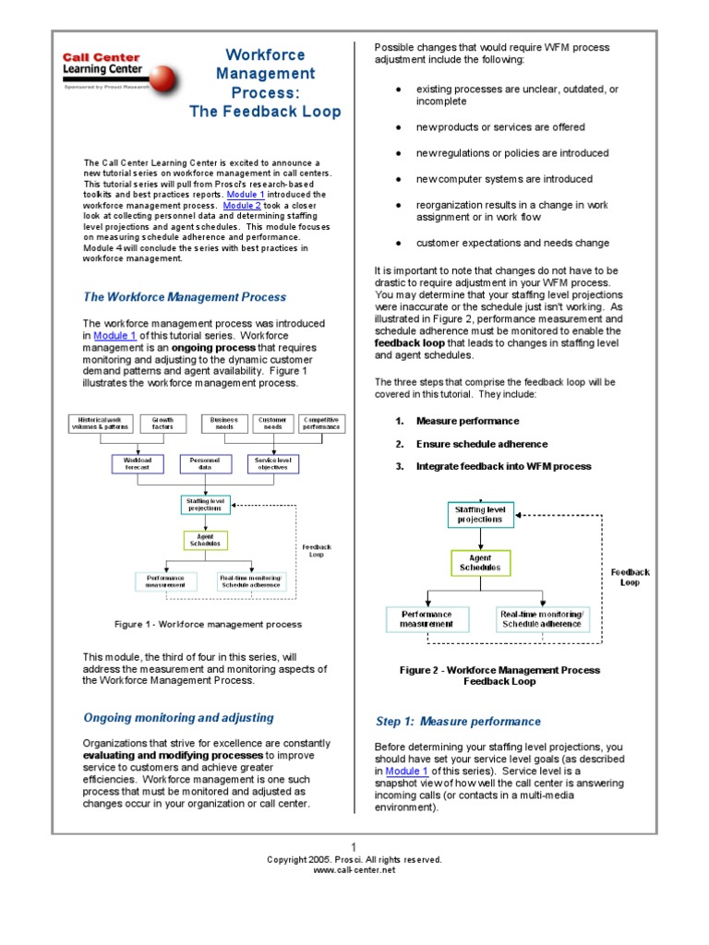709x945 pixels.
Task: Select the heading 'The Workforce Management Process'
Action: pyautogui.click(x=185, y=297)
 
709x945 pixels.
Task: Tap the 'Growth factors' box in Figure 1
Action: pyautogui.click(x=162, y=423)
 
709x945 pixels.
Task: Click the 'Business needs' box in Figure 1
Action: pyautogui.click(x=224, y=423)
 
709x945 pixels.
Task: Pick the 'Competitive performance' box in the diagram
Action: pyautogui.click(x=321, y=423)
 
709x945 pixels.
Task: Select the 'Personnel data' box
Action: pyautogui.click(x=205, y=463)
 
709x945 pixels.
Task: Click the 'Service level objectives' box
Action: pyautogui.click(x=272, y=463)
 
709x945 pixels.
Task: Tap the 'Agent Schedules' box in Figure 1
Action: pyautogui.click(x=205, y=540)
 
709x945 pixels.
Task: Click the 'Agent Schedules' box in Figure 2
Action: pyautogui.click(x=480, y=563)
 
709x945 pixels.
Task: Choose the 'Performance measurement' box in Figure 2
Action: pyautogui.click(x=426, y=618)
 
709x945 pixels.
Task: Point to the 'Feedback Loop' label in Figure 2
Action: pyautogui.click(x=630, y=577)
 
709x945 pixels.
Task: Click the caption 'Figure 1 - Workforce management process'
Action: pyautogui.click(x=208, y=625)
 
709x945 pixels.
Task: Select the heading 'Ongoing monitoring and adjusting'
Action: pyautogui.click(x=178, y=718)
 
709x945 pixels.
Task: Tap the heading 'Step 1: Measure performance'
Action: pyautogui.click(x=458, y=722)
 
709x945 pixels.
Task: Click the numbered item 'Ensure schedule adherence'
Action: pyautogui.click(x=481, y=444)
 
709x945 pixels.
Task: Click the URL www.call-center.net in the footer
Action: pyautogui.click(x=354, y=869)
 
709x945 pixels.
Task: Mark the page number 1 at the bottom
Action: pyautogui.click(x=354, y=846)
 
